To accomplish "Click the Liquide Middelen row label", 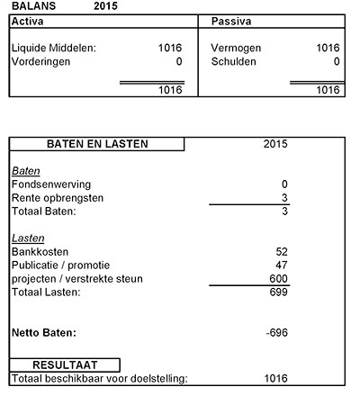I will coord(53,48).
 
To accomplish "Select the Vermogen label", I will coord(236,48).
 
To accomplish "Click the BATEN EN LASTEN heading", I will coord(97,144).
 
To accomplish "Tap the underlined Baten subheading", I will coord(25,171).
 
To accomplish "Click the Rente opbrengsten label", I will coord(58,198).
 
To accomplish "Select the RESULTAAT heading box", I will coord(65,365).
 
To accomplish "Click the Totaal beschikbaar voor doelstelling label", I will coord(99,379).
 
